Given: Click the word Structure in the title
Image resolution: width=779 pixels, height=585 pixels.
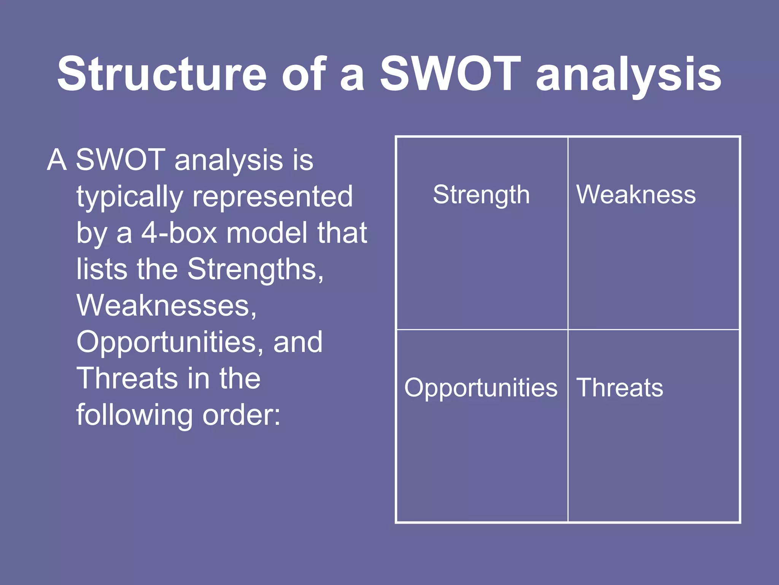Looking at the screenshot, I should tap(162, 74).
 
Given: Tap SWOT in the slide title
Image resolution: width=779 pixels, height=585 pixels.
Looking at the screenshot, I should tap(450, 74).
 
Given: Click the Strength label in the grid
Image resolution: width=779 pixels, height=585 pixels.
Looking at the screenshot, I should tap(481, 195).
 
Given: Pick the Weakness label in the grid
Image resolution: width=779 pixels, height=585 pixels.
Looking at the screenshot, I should tap(636, 195).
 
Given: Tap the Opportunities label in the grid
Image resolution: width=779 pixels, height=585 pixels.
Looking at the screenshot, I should tap(481, 388).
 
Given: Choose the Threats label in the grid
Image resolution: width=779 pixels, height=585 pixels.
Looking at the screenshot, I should tap(620, 388).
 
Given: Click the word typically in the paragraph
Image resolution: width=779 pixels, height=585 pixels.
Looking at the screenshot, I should tap(130, 197).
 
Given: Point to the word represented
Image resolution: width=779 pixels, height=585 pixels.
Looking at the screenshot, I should tap(273, 197).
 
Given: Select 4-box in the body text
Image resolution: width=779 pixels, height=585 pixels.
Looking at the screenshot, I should tap(179, 233).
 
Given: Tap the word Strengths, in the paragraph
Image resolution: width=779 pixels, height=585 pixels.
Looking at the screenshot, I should tap(256, 269).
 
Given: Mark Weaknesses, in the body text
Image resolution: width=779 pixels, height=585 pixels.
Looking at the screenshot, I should tap(167, 305).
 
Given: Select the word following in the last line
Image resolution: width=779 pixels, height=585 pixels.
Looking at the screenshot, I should tap(135, 415).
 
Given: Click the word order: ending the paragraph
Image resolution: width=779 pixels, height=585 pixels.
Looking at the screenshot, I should tap(242, 415).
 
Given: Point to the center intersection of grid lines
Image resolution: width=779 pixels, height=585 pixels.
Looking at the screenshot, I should tap(568, 329).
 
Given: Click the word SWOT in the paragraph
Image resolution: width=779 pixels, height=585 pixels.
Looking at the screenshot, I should tap(121, 160).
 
